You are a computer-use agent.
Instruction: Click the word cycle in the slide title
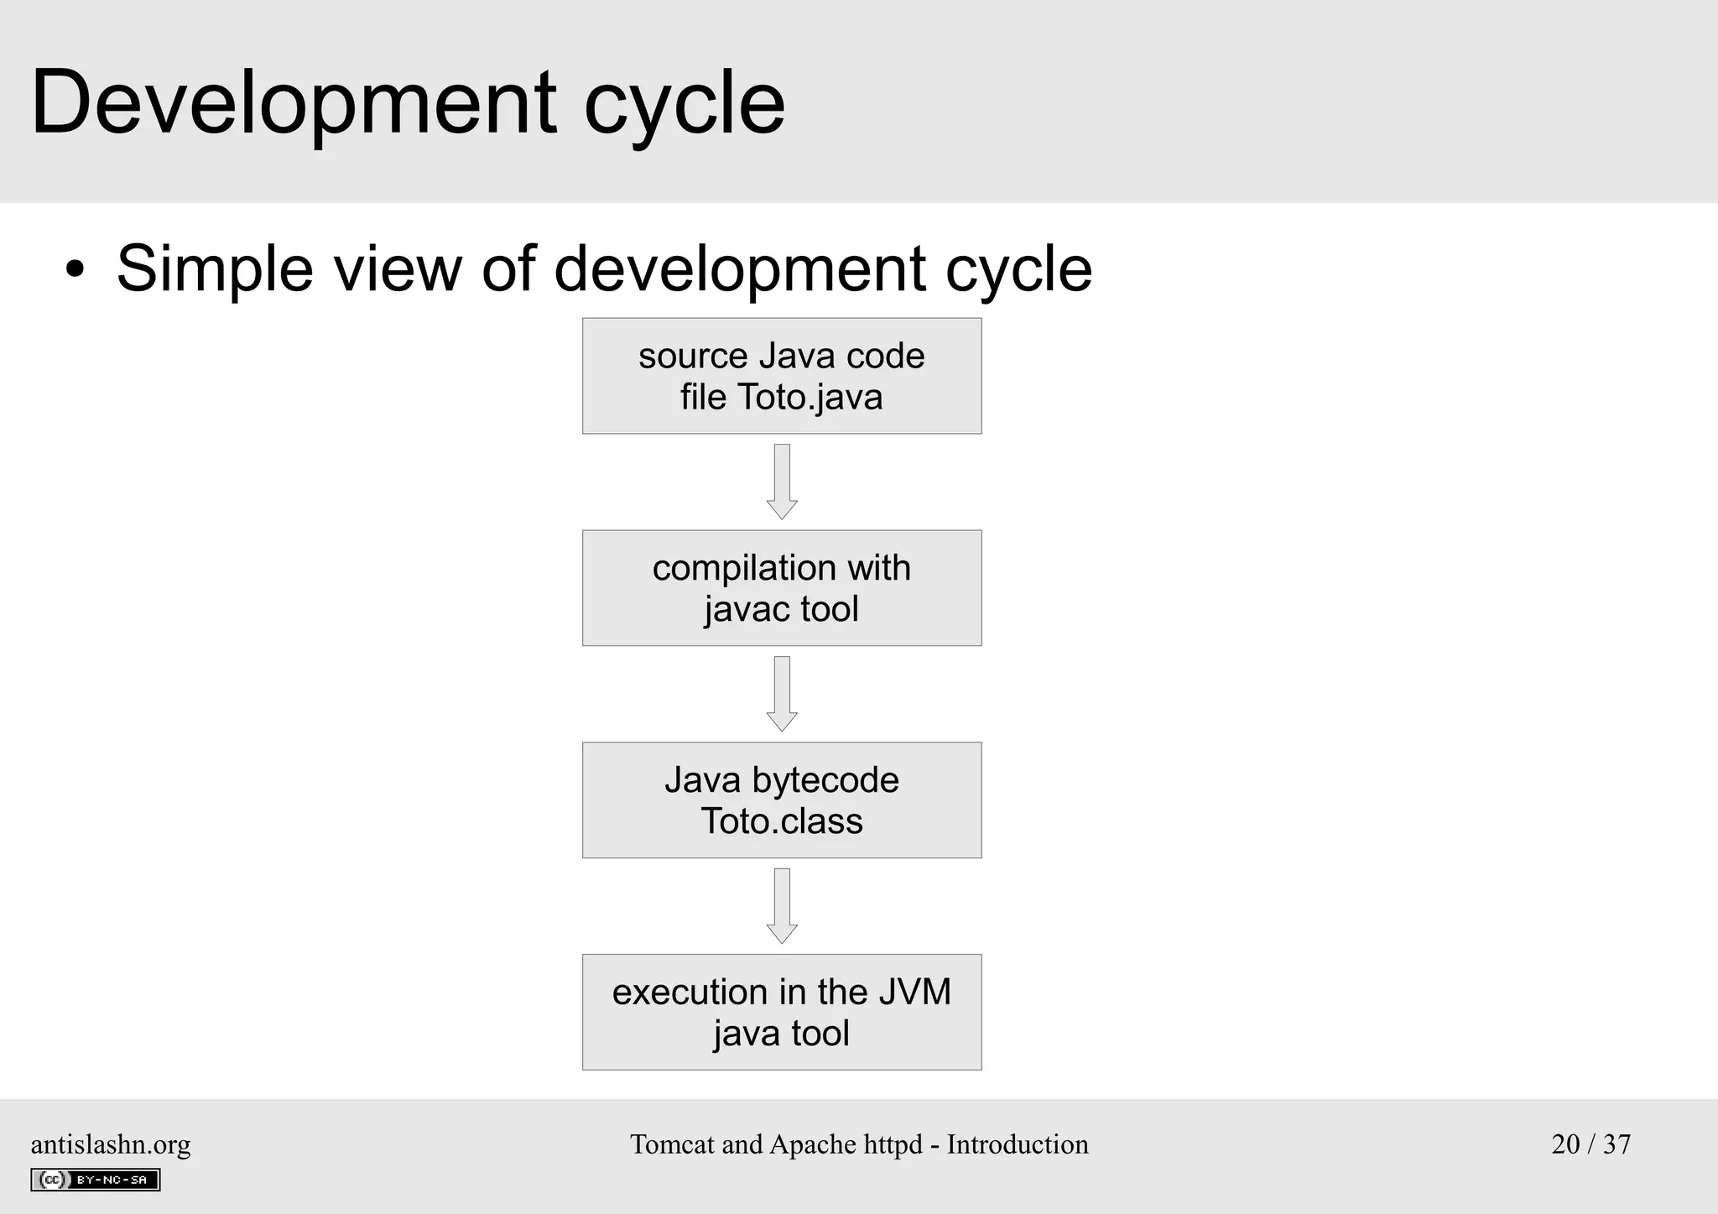tap(684, 103)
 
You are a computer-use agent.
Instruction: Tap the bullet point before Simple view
tap(75, 270)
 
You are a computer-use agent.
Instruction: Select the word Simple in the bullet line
tap(215, 268)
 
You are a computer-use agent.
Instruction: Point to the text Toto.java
tap(810, 397)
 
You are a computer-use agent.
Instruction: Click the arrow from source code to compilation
tap(782, 482)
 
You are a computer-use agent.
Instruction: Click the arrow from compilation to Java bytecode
tap(782, 694)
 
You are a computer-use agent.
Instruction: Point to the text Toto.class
tap(782, 821)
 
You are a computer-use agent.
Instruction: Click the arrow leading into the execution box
tap(782, 905)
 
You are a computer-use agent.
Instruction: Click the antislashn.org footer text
tap(111, 1144)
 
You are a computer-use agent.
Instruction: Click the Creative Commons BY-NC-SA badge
tap(96, 1180)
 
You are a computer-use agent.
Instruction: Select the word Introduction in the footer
tap(1017, 1144)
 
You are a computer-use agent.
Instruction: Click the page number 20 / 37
tap(1590, 1144)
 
